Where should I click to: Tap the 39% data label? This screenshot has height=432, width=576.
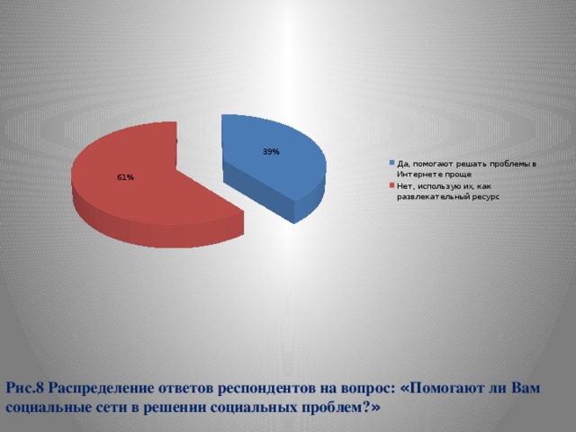coord(271,152)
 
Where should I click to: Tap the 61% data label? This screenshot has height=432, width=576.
coord(125,177)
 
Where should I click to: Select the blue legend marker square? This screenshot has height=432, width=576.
coord(392,163)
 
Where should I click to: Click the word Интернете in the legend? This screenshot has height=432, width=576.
coord(423,173)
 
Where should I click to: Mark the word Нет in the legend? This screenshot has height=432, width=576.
coord(404,185)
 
